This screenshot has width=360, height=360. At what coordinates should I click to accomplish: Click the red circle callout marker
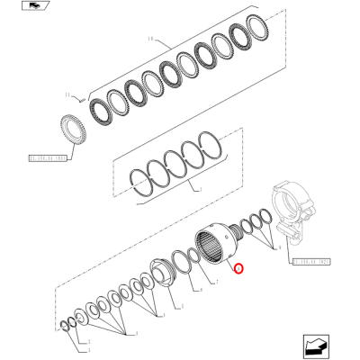pyautogui.click(x=238, y=267)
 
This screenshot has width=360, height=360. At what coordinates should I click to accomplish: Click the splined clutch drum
pyautogui.click(x=214, y=248)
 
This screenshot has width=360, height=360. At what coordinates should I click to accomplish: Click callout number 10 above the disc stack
pyautogui.click(x=151, y=39)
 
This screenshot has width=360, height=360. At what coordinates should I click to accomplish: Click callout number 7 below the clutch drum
pyautogui.click(x=216, y=282)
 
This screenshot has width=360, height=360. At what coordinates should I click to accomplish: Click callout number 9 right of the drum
pyautogui.click(x=280, y=245)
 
